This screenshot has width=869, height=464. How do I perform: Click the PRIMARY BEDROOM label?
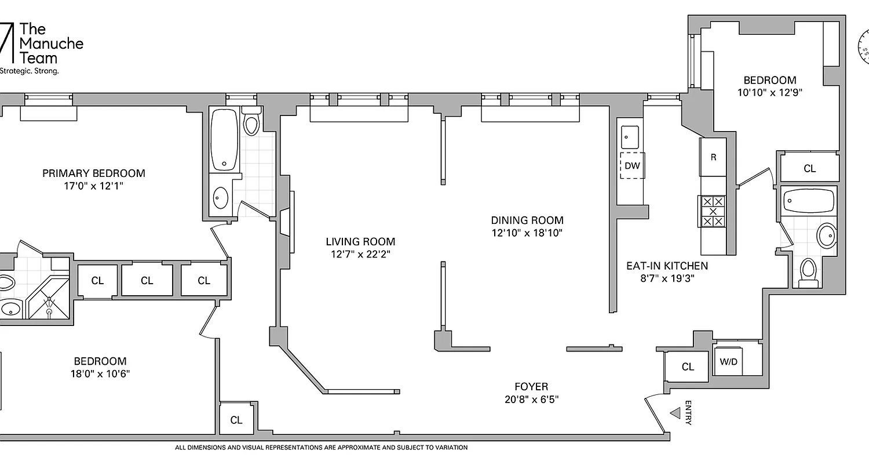click(93, 173)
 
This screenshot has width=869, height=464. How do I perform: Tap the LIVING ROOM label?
click(360, 241)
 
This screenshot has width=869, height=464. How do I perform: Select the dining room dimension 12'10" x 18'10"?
click(527, 233)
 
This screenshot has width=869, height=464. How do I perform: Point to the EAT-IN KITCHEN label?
click(667, 266)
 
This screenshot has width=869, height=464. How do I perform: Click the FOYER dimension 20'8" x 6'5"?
click(531, 400)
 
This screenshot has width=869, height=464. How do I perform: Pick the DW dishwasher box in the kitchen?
click(633, 166)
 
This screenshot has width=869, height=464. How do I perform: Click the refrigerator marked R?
click(713, 157)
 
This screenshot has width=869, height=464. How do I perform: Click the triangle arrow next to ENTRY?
click(675, 413)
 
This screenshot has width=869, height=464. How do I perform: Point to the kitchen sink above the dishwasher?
click(630, 137)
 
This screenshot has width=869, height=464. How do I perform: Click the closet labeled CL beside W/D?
click(687, 367)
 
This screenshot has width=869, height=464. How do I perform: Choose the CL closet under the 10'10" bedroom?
click(809, 168)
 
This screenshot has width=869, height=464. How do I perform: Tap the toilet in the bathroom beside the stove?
click(807, 271)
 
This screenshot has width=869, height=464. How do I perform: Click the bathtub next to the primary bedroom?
click(223, 140)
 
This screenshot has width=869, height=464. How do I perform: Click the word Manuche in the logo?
click(52, 43)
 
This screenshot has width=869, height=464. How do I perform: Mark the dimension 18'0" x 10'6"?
click(99, 374)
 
